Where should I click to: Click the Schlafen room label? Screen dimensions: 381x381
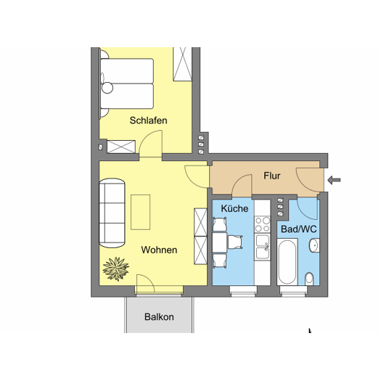[x=148, y=120]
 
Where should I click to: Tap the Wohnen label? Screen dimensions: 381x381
[x=159, y=250]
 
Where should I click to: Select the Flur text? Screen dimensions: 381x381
[x=272, y=176]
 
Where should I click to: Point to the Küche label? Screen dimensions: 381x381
[x=234, y=208]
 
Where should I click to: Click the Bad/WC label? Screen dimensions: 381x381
[x=298, y=229]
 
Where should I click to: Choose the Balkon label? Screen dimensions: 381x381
[x=159, y=317]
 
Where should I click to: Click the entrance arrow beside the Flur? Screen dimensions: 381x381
[x=334, y=180]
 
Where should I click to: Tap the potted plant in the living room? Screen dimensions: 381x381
[x=116, y=269]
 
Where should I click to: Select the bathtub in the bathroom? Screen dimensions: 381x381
[x=287, y=261]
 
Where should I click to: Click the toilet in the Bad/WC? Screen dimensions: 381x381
[x=309, y=279]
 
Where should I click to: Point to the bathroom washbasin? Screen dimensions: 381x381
[x=314, y=245]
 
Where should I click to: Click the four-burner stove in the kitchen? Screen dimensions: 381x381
[x=263, y=224]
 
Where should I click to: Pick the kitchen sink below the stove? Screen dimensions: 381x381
[x=263, y=247]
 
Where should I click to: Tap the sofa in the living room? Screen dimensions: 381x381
[x=112, y=213]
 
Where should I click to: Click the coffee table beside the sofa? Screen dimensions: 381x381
[x=141, y=212]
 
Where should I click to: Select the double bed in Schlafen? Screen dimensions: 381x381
[x=127, y=83]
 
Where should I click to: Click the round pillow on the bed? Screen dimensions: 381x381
[x=107, y=88]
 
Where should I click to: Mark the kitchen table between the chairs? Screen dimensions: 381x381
[x=220, y=242]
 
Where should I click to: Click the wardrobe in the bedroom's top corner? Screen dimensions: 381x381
[x=182, y=64]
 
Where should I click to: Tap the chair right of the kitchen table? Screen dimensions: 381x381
[x=235, y=242]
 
